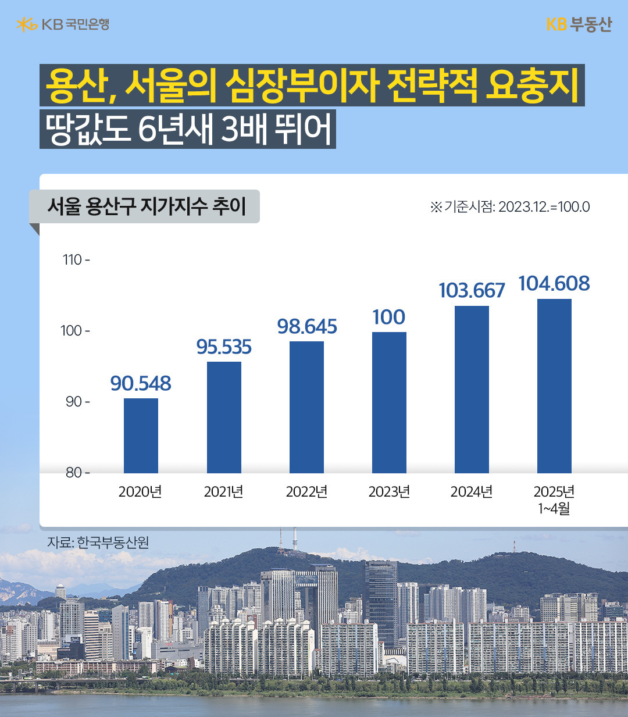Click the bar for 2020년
coord(141,436)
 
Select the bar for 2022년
coord(306,407)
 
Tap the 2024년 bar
coord(472,390)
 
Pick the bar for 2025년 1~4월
coord(554,386)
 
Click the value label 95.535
coord(224,347)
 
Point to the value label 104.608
coord(554,284)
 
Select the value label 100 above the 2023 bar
coord(389,318)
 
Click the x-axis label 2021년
coord(224,492)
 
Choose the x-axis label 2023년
coord(389,492)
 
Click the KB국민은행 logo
coord(63,24)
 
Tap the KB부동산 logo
coord(579,24)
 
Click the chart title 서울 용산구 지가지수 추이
coord(147,206)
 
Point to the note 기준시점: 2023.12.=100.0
coord(510,207)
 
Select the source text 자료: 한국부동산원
coord(98,542)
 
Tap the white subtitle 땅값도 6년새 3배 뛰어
coord(188,129)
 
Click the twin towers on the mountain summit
coord(287,538)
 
